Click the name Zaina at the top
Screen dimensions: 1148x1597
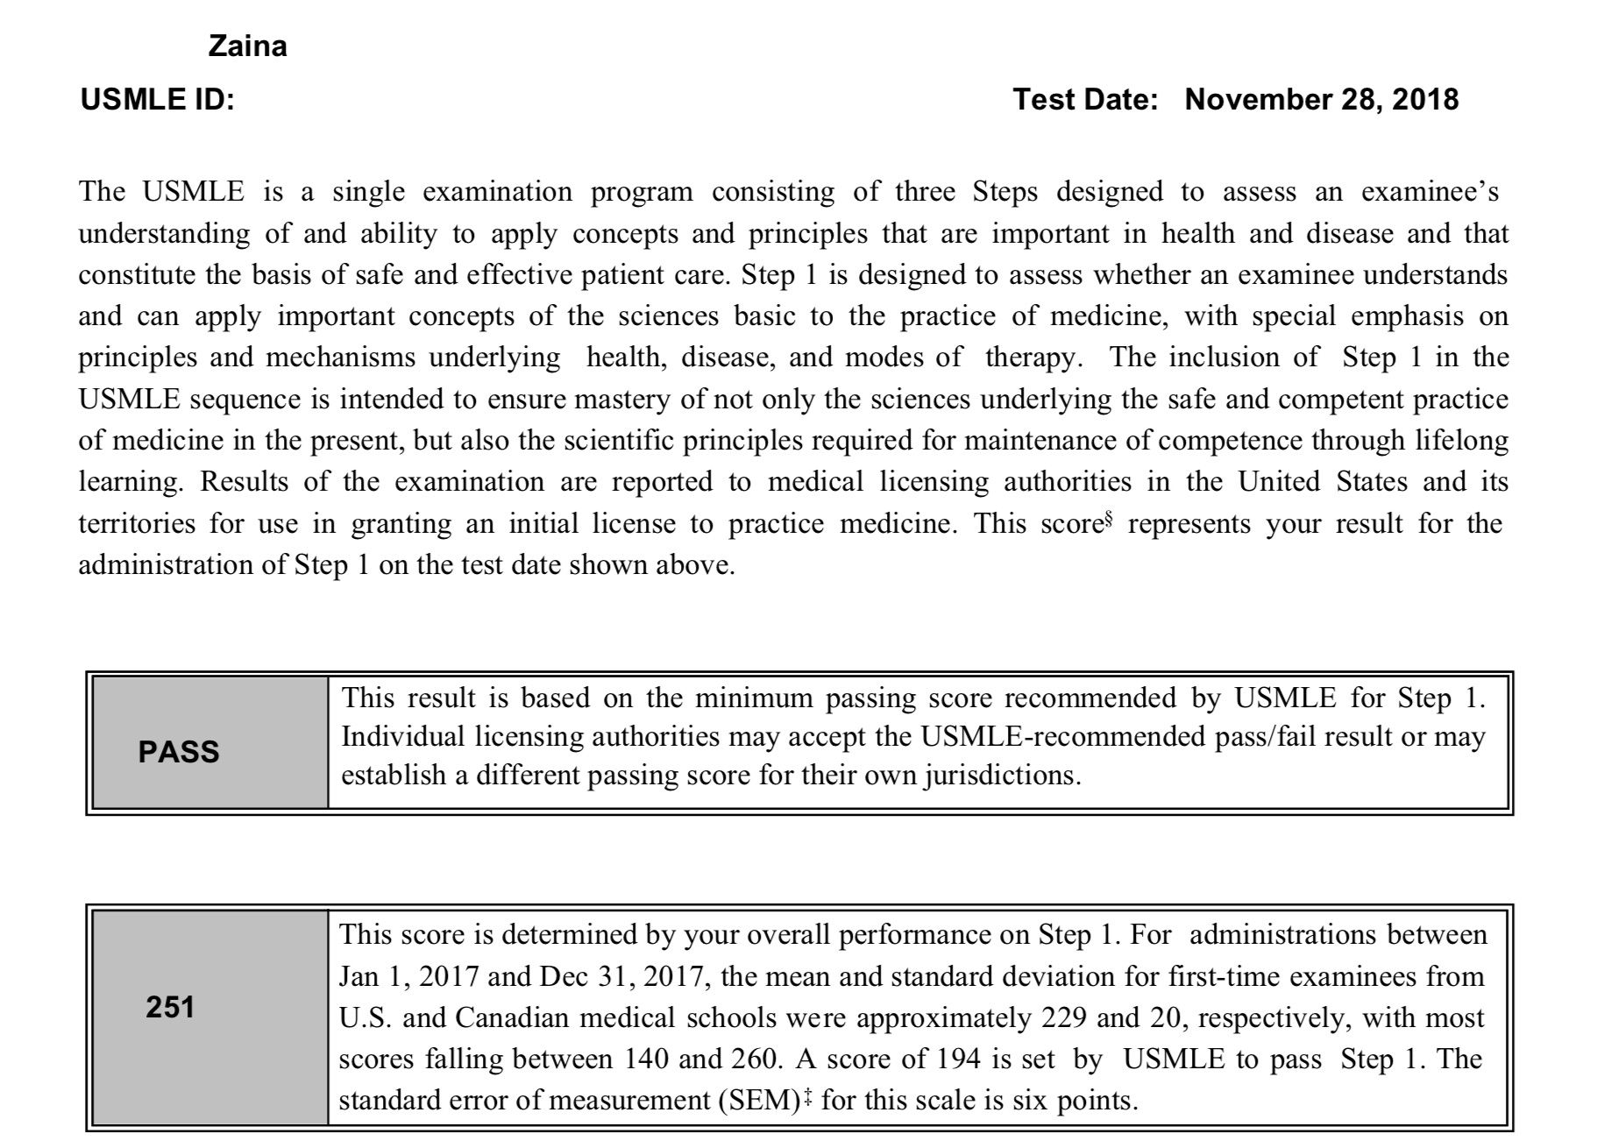pos(247,46)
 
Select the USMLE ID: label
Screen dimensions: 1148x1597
pos(158,100)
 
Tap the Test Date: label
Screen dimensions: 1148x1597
pos(1086,100)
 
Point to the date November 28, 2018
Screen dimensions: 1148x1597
pos(1322,100)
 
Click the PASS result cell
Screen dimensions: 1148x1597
pos(179,752)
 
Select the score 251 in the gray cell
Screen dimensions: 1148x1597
pos(170,1008)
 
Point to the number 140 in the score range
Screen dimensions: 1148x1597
pos(647,1059)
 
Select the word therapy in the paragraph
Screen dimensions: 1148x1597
pos(1030,358)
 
